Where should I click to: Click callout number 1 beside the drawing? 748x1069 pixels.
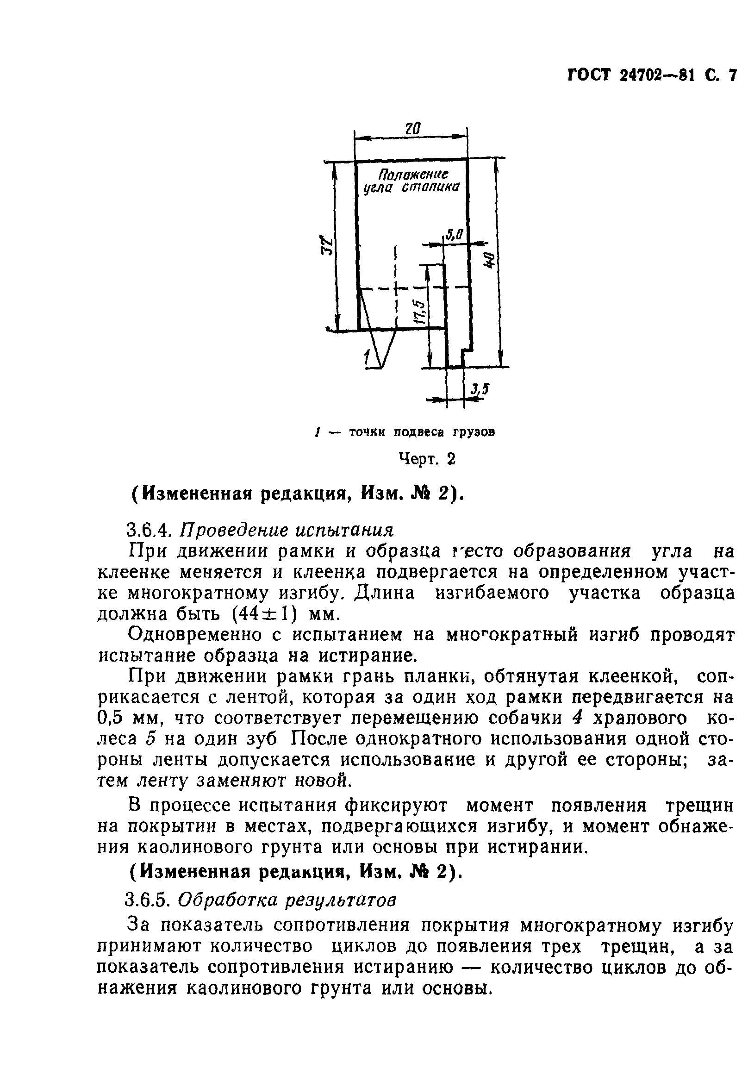coord(367,357)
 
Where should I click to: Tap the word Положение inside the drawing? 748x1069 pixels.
coord(412,175)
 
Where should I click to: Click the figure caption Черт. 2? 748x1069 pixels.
coord(426,459)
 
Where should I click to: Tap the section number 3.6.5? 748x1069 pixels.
coord(150,900)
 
